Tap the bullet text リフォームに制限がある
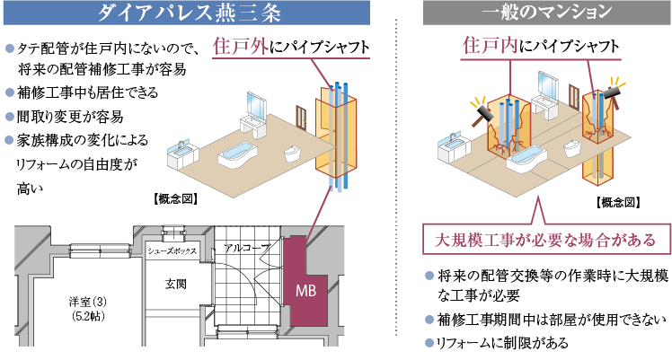coord(503,343)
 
